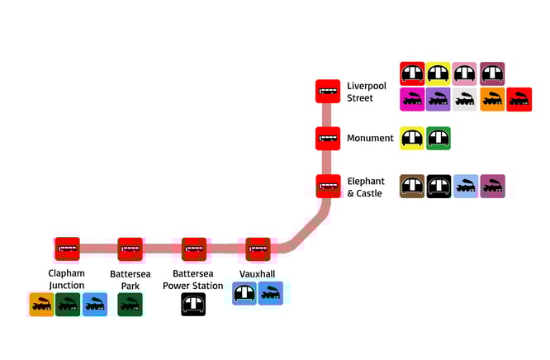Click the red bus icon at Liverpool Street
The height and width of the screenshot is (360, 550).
[328, 91]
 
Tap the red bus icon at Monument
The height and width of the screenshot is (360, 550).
[328, 138]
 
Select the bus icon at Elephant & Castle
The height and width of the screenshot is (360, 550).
[328, 186]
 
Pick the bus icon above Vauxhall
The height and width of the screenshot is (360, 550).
[258, 249]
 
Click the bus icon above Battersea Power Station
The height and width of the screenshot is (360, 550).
[194, 249]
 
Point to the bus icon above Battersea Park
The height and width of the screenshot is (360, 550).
[130, 249]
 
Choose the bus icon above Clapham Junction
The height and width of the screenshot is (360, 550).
[67, 249]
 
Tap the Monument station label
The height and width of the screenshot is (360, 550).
[370, 138]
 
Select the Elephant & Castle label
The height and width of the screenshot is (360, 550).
[366, 187]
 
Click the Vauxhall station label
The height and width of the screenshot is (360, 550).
[257, 274]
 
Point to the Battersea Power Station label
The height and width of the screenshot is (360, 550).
[197, 280]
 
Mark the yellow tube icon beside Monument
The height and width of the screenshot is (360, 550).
[412, 138]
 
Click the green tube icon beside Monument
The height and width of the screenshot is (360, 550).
[439, 138]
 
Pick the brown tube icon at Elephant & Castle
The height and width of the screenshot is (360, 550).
[412, 186]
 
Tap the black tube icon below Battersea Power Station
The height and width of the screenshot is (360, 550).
[193, 304]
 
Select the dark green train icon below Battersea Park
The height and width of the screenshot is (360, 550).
[130, 304]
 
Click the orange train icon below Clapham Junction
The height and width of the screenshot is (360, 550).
[41, 304]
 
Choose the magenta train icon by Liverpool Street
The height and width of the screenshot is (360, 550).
[412, 99]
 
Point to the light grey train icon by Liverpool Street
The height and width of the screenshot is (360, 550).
[465, 99]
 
